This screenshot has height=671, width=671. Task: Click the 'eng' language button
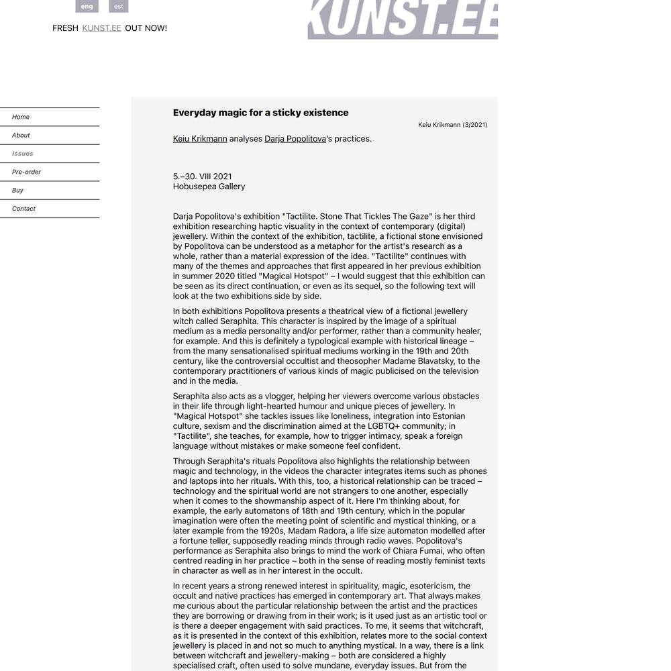(87, 6)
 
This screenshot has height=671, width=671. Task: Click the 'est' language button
(118, 6)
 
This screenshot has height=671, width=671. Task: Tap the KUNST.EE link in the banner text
(101, 28)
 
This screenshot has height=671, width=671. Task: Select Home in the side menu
(21, 117)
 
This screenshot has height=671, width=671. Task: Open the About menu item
(21, 135)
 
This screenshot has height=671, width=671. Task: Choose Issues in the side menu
(23, 154)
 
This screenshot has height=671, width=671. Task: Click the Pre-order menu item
(27, 172)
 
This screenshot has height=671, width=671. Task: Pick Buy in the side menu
(17, 190)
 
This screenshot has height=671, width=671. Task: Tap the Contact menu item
(23, 209)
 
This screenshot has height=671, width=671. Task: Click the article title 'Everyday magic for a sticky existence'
(260, 113)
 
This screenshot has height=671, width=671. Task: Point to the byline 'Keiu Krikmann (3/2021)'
(452, 125)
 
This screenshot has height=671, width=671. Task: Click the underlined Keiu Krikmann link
(200, 139)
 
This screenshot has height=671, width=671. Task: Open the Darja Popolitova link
(295, 139)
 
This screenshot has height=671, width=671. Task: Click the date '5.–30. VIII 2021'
(202, 176)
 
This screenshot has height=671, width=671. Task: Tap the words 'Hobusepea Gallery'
(209, 187)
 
